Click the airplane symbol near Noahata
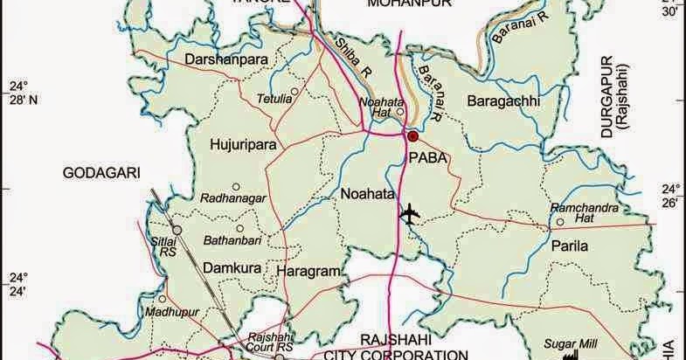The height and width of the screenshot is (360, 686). [x=409, y=212]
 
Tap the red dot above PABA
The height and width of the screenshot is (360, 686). [x=412, y=136]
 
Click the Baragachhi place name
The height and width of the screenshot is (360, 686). [x=504, y=101]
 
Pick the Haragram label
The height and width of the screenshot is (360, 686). [x=308, y=273]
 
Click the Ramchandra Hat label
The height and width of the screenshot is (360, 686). [x=585, y=212]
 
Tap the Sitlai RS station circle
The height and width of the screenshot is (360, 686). [x=176, y=230]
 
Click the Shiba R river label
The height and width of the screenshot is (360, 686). [x=353, y=57]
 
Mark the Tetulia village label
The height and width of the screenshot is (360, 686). [x=274, y=98]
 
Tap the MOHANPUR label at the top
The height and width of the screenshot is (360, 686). [x=401, y=5]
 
